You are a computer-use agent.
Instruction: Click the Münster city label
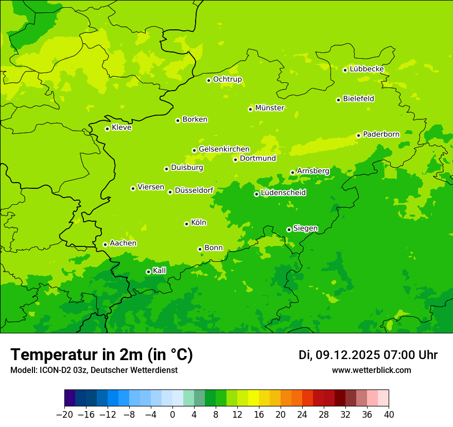click(270, 108)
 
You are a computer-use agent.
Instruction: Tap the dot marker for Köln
click(186, 224)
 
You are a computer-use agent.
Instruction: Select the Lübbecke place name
click(367, 69)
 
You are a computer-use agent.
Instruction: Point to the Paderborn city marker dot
click(358, 135)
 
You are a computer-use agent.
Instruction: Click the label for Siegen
click(305, 228)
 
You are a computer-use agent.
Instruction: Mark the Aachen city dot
click(105, 244)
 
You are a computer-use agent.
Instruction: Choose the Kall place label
click(160, 271)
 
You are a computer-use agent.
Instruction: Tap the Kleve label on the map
click(121, 128)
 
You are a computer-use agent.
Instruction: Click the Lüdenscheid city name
click(283, 193)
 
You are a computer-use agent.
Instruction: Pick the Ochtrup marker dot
click(208, 80)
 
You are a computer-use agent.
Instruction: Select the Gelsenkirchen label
click(224, 149)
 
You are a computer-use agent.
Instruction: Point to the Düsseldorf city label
click(194, 190)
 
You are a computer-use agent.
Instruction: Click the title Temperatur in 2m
click(101, 354)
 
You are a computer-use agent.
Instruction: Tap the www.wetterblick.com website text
click(371, 370)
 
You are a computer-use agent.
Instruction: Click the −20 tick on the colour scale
click(64, 415)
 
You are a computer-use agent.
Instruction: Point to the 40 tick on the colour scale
click(389, 415)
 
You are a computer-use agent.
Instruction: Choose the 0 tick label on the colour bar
click(172, 415)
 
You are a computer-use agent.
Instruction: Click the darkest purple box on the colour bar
click(70, 398)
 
